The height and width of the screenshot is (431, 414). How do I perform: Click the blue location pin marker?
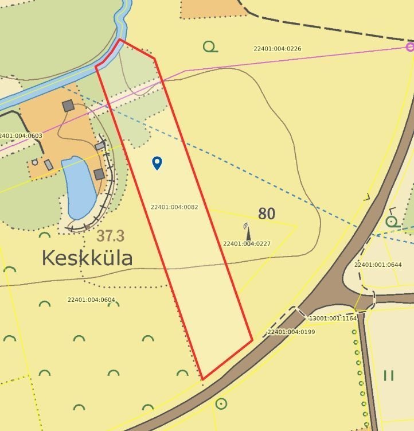pos(157,163)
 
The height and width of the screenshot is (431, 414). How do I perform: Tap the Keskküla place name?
pos(87,258)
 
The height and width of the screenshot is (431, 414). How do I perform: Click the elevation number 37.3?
pos(110,236)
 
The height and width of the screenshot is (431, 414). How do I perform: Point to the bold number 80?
pos(267,214)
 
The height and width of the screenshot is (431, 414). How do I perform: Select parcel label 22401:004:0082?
pos(174,207)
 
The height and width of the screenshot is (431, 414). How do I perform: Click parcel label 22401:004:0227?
pos(247,244)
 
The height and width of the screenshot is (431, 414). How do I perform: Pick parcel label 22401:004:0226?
pos(278,49)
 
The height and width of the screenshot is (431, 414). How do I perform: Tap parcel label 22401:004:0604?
pos(91,300)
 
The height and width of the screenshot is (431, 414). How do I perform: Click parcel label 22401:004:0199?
pos(291,332)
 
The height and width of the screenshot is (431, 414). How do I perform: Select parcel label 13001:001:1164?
pos(333,318)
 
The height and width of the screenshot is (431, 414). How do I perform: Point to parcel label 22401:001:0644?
pos(378,265)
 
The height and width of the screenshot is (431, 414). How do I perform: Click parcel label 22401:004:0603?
pos(21,136)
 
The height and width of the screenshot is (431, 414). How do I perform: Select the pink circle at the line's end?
pos(410,47)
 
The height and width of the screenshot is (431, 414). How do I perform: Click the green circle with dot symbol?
pos(221,403)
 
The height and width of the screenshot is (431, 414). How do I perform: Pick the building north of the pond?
pos(68,106)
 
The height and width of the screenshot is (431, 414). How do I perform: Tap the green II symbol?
pos(389,375)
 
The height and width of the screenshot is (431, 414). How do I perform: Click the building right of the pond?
pos(99,174)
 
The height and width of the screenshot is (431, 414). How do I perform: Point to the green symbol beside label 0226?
pos(210,47)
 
